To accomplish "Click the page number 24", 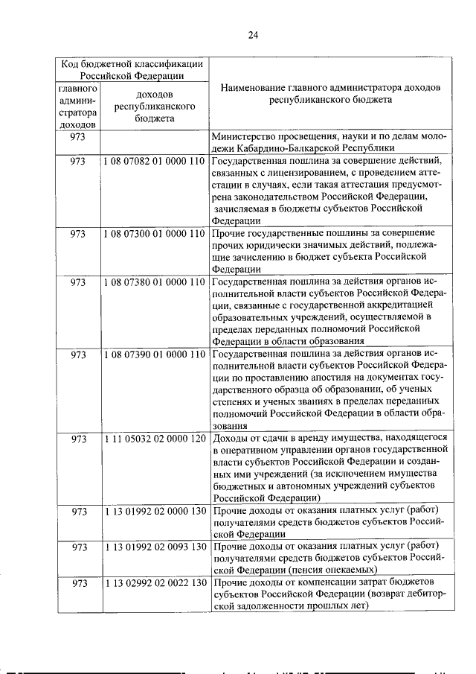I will [253, 34].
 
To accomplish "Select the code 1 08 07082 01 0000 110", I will [155, 162].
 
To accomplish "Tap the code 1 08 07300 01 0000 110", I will [155, 233].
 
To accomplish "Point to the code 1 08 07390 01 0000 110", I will [155, 354].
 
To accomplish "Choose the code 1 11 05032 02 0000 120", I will [155, 439].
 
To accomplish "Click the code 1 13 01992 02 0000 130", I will [155, 510].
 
